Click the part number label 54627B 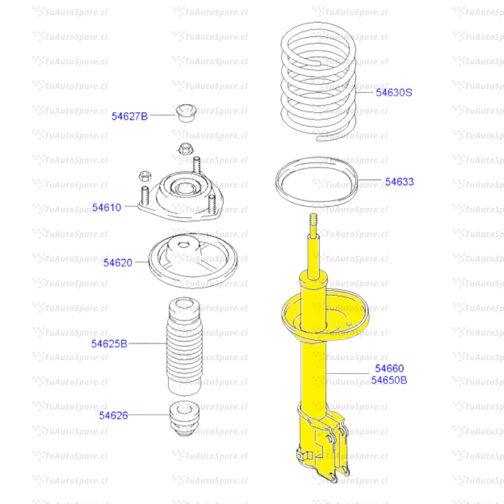[130, 116]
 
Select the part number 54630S [394, 92]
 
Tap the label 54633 [399, 182]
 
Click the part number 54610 [107, 207]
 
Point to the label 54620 [118, 263]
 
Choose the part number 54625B [109, 343]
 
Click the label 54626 [113, 415]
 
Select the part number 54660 [389, 368]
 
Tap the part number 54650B [389, 380]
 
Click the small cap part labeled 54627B [186, 113]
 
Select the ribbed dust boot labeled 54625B [184, 346]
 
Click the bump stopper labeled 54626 [184, 418]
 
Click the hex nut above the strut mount [185, 148]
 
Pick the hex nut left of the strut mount [145, 176]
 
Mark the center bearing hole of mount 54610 [185, 189]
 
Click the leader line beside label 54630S [364, 92]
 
